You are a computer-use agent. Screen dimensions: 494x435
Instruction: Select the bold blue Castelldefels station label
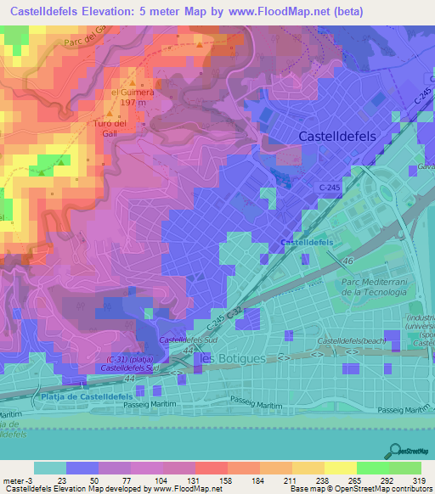308,243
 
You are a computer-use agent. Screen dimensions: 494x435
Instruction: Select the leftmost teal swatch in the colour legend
50,467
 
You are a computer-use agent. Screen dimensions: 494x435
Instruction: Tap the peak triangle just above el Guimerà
131,81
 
